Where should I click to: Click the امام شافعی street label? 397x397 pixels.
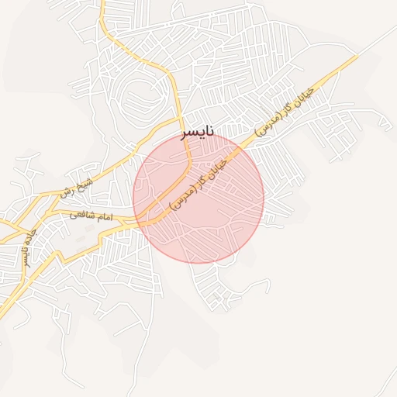tap(91, 216)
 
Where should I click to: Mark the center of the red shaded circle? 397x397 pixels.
tap(198, 198)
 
